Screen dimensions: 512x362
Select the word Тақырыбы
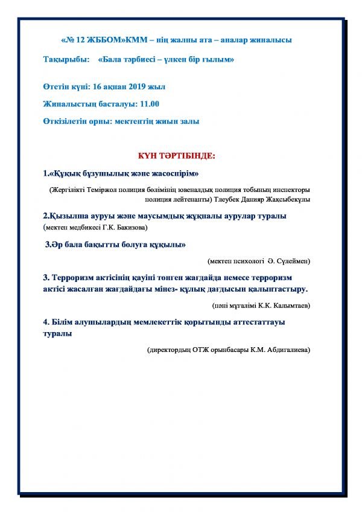(64, 60)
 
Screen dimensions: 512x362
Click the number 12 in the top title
(80, 40)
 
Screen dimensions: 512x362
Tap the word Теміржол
(103, 190)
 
